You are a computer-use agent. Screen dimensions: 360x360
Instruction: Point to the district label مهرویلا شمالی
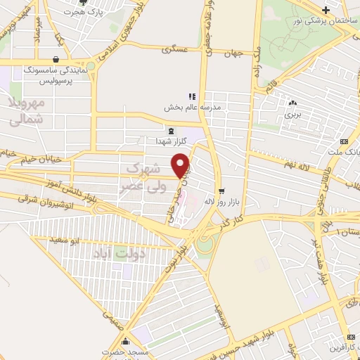point(29,111)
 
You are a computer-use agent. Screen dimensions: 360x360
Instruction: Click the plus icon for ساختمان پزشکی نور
point(326,9)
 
